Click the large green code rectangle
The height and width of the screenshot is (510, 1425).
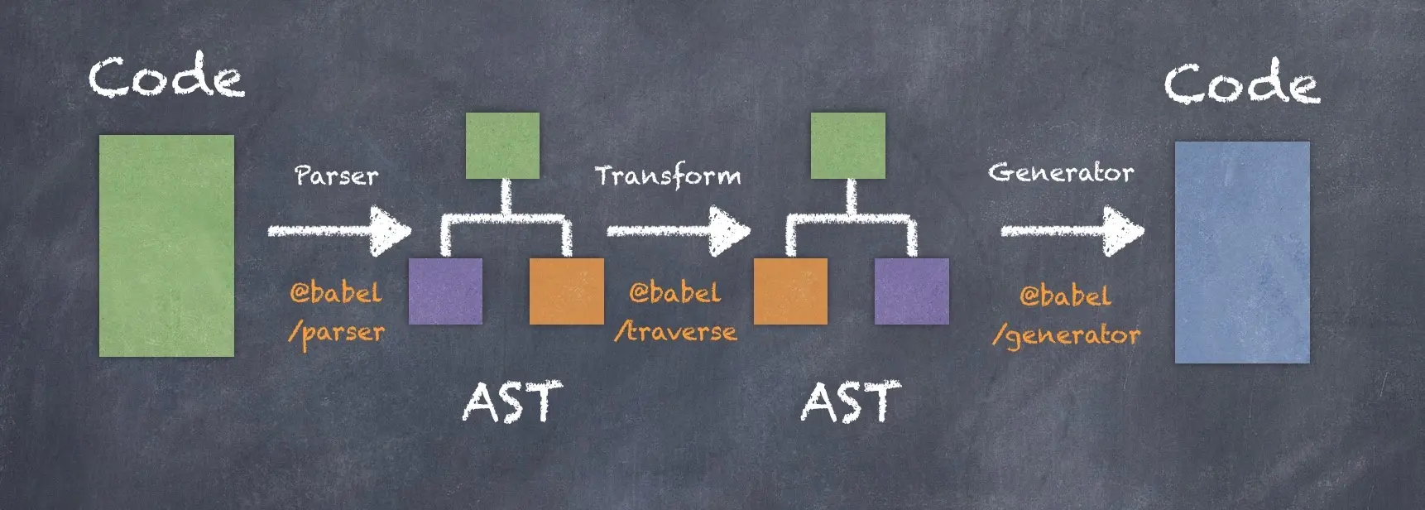tap(166, 246)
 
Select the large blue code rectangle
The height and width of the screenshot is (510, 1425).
tap(1242, 253)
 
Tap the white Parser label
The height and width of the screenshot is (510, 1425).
tap(337, 176)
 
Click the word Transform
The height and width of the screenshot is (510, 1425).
tap(668, 176)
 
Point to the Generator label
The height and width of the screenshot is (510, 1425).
tap(1061, 172)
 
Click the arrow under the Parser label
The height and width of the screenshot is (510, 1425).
tap(339, 231)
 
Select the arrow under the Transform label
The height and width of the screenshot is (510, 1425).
tap(679, 231)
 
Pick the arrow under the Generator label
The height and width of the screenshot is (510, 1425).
tap(1072, 231)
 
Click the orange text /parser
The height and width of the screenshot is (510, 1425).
tap(337, 333)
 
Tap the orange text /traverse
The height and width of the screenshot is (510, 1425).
tap(675, 331)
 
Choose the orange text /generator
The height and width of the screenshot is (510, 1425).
tap(1066, 335)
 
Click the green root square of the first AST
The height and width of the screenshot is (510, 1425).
tap(502, 146)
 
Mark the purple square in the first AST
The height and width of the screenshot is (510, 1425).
tap(445, 291)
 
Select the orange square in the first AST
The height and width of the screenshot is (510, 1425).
tap(566, 291)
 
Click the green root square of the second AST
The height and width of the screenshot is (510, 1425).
tap(847, 146)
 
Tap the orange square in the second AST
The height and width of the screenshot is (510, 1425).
tap(790, 291)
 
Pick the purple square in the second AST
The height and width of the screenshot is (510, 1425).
tap(911, 291)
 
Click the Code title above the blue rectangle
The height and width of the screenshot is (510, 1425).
tap(1242, 83)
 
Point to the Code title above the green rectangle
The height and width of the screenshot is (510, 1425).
tap(166, 77)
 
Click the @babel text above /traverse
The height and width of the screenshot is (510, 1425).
tap(675, 292)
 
